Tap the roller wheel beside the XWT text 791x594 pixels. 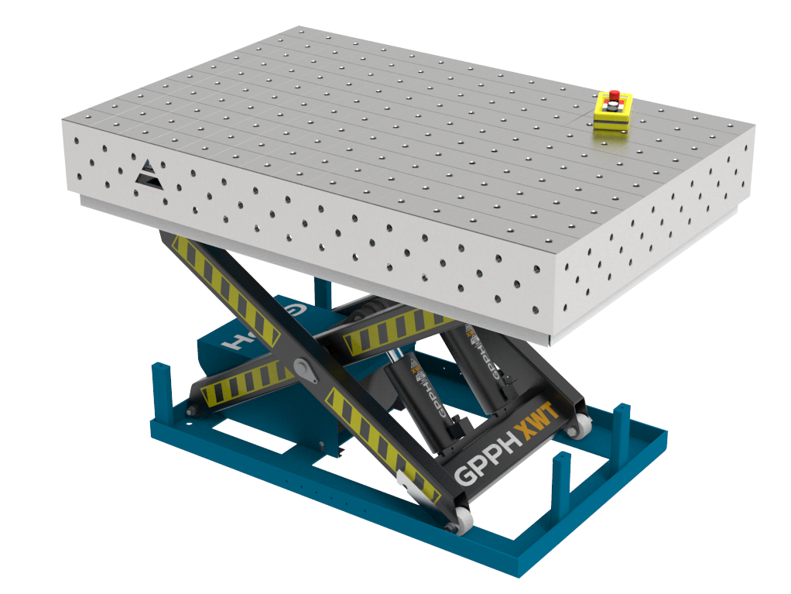pos(576,423)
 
